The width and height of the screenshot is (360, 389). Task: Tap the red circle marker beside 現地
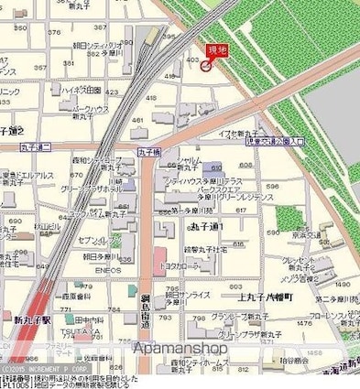coord(206,64)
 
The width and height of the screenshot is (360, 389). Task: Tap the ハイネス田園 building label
coord(81,90)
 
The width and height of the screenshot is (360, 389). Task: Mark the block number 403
coord(191,60)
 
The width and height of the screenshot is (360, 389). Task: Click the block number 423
coord(112,92)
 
